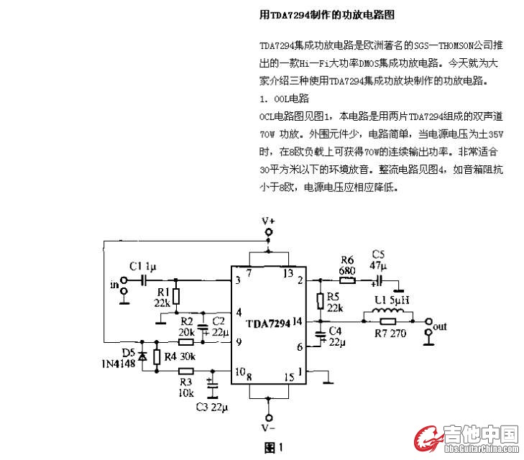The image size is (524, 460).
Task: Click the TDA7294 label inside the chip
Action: [x=268, y=324]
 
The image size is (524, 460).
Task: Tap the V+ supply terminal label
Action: [x=268, y=221]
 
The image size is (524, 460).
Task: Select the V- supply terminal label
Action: [x=268, y=429]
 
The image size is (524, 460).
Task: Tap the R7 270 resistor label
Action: [x=390, y=333]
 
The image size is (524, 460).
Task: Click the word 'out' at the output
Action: [x=440, y=326]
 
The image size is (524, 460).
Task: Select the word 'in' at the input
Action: [x=114, y=285]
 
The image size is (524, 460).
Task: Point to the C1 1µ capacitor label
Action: [x=142, y=266]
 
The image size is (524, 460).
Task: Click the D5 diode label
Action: [x=129, y=353]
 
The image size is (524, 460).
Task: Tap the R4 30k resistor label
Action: [x=180, y=356]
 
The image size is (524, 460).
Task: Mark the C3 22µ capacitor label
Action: [x=212, y=407]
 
